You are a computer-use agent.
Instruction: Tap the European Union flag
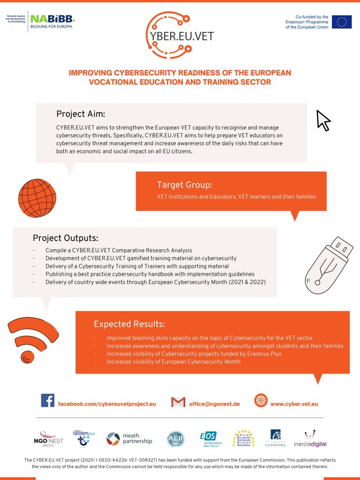click(x=342, y=22)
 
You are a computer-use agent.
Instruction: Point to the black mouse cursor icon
click(x=323, y=120)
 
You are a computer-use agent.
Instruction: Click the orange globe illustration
click(x=37, y=198)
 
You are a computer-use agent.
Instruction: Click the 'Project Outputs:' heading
click(x=65, y=238)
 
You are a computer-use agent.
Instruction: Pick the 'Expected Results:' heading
click(x=129, y=324)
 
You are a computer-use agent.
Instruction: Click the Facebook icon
click(x=47, y=401)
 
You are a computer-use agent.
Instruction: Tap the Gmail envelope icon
click(x=178, y=402)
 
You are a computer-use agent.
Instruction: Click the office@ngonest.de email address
click(x=214, y=404)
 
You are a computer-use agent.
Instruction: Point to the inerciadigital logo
click(x=310, y=438)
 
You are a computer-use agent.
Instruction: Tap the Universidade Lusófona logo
click(x=275, y=438)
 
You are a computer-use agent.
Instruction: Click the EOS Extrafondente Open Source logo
click(x=209, y=439)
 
